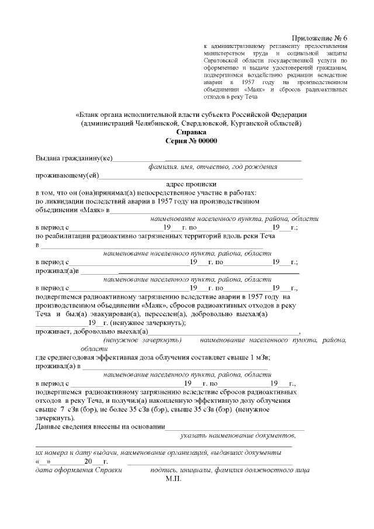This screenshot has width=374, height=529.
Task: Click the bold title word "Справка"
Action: click(x=187, y=133)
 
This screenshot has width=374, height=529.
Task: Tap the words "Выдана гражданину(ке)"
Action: click(x=74, y=158)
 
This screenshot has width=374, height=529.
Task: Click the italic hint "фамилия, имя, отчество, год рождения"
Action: click(x=212, y=167)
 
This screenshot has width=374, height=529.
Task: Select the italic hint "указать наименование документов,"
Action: click(x=238, y=435)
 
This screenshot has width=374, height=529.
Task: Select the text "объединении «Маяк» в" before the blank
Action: click(x=72, y=209)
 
